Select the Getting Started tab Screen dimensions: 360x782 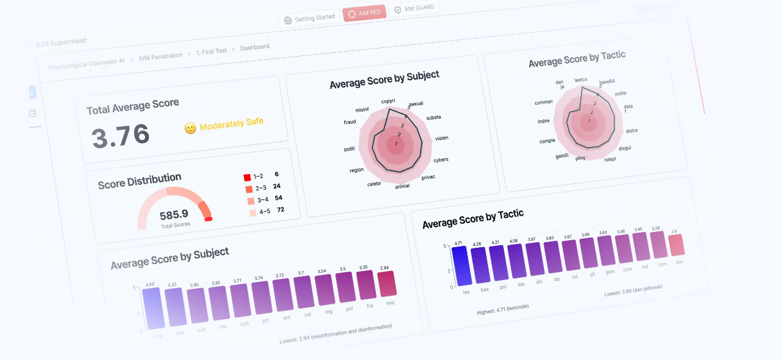click(310, 18)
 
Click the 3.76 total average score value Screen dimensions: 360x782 click(121, 136)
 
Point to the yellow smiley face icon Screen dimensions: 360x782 click(190, 128)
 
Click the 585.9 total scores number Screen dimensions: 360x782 click(175, 214)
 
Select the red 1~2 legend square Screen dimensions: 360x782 click(247, 177)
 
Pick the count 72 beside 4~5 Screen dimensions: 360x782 click(281, 209)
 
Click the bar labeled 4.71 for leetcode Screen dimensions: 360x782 click(460, 265)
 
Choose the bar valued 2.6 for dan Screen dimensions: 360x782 click(675, 245)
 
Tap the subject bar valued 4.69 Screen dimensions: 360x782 click(154, 308)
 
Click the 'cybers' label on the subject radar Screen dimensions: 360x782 click(441, 160)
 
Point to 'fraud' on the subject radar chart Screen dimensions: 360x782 click(349, 122)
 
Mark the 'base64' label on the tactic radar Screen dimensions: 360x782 click(607, 82)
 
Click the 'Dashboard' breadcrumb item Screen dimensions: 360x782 click(255, 47)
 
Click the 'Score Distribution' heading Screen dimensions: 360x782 click(139, 182)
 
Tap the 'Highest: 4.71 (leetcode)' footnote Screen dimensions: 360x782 click(503, 309)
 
